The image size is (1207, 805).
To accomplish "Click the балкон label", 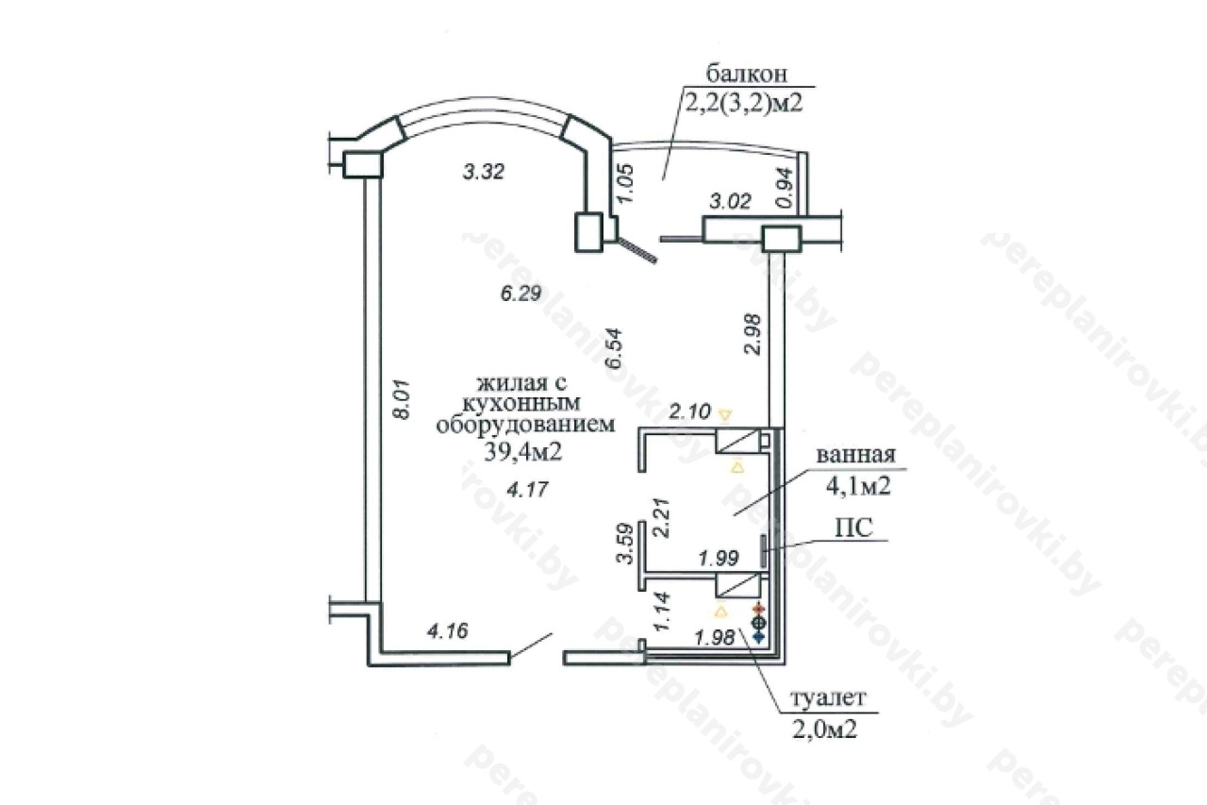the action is pos(746,74).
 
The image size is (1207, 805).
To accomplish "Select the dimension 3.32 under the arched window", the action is pos(484,172).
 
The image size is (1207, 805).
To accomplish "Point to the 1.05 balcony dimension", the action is pos(625,183).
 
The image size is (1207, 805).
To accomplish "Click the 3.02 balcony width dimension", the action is pos(730,202).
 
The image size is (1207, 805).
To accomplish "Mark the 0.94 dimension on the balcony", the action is pos(785,187).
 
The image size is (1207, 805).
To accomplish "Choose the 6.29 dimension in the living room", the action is pos(521,293).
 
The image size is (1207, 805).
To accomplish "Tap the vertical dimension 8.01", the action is pos(402,399).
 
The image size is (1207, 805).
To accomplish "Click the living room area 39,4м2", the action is pos(523,451).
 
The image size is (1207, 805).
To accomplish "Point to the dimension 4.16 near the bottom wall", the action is pos(448,630).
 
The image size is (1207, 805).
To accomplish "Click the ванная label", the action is pos(855,455).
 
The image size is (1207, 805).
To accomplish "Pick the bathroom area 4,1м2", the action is pos(858,486).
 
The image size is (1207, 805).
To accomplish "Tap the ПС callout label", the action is pos(854,528).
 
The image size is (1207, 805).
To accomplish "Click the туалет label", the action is pos(828,697).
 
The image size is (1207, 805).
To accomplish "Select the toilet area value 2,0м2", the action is pos(825,730).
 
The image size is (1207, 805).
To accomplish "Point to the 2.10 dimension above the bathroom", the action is pos(690,411).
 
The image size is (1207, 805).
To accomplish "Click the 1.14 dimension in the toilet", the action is pos(662,612).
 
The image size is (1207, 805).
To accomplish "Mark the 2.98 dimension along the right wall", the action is pos(752,334).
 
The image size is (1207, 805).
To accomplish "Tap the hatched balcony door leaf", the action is pos(637,251).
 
